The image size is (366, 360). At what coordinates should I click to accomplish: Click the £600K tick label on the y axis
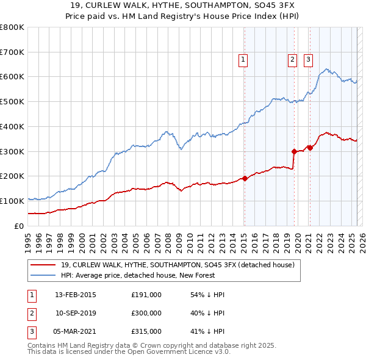pos(12,77)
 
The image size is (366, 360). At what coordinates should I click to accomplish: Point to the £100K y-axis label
pos(12,201)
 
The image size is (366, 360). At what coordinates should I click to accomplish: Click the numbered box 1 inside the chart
pos(243,60)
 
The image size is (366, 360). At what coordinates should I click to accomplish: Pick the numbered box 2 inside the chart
pos(292,60)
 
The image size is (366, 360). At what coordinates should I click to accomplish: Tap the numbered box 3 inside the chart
pos(308,60)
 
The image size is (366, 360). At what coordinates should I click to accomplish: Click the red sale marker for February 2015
pos(245,178)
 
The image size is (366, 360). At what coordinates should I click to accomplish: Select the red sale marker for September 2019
pos(294,151)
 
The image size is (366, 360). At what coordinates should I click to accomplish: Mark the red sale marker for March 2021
pos(310,148)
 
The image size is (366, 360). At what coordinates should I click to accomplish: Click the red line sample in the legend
pos(43,265)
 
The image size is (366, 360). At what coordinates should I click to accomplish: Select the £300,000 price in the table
pos(146,313)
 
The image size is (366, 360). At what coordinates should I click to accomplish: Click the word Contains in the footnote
pos(43,345)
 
